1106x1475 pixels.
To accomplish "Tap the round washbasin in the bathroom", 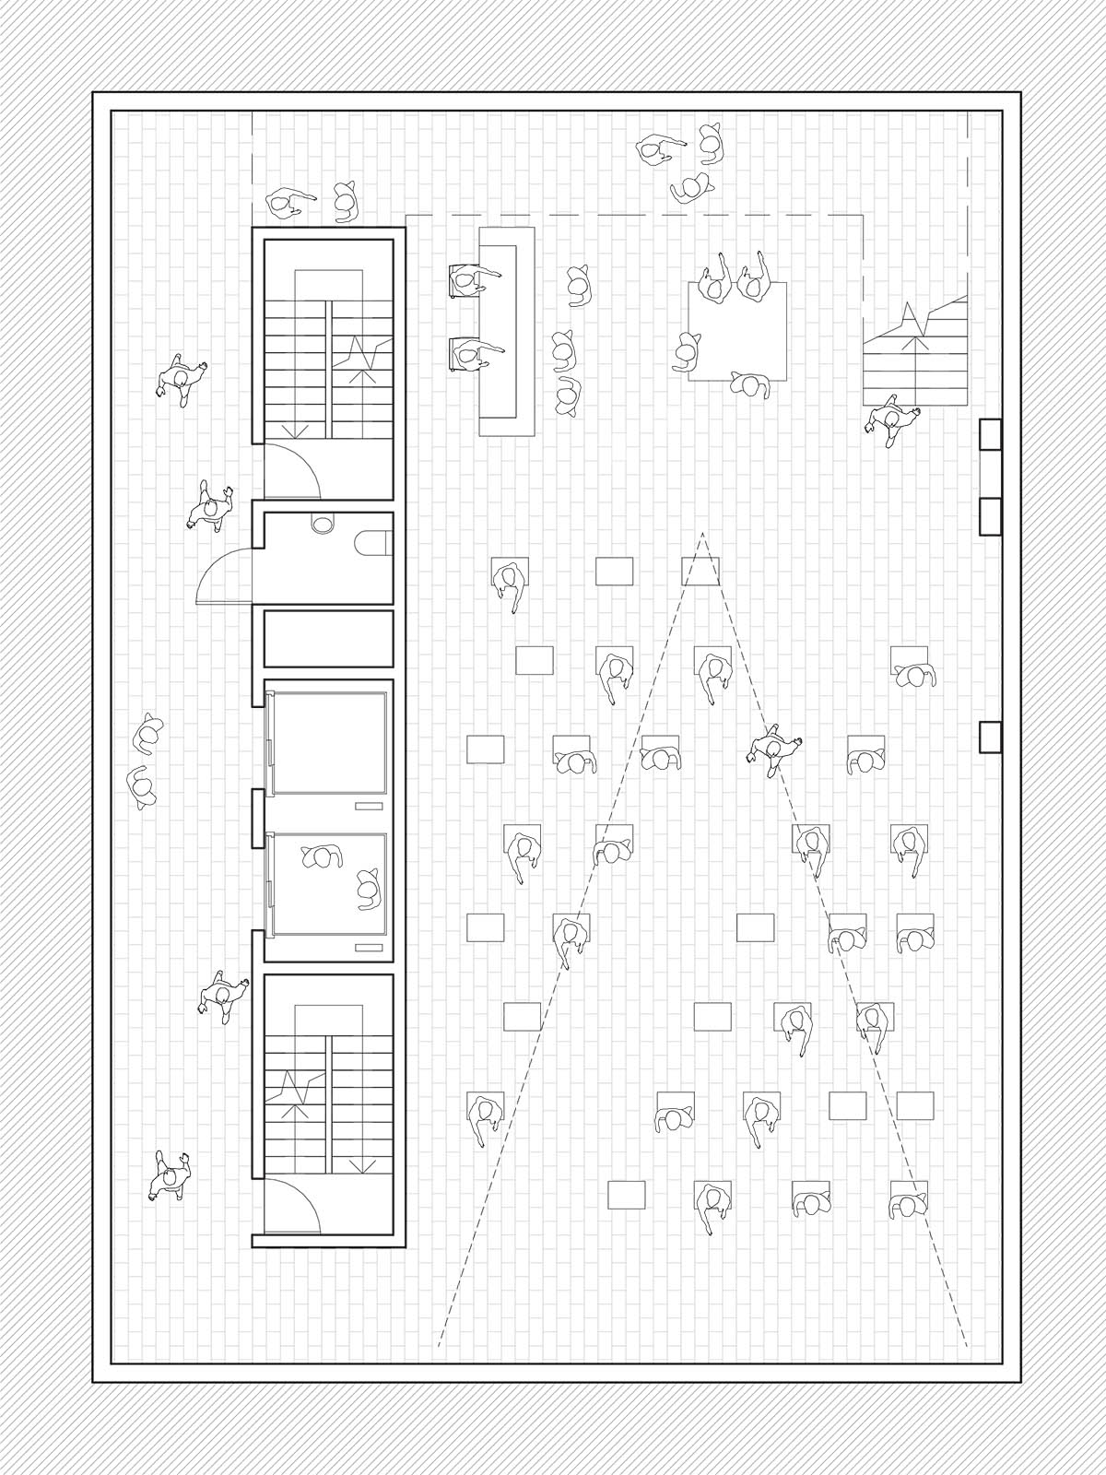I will [x=323, y=524].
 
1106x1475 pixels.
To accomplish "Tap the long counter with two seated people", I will [x=508, y=332].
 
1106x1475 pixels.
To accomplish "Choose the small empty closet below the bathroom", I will [x=329, y=638].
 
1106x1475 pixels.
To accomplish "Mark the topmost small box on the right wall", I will [x=990, y=434].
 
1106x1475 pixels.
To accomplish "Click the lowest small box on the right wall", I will [x=990, y=737].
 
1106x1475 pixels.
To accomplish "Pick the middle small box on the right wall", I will [x=990, y=515].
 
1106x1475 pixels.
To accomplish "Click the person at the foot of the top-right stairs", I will [x=889, y=420].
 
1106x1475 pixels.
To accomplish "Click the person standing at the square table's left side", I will [x=687, y=351].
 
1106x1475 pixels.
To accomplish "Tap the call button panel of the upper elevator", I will [x=369, y=806].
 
